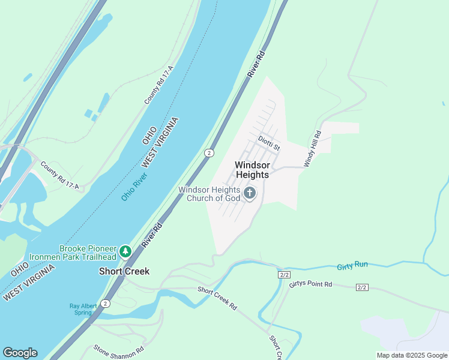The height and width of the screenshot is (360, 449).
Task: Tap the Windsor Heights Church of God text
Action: tap(209, 194)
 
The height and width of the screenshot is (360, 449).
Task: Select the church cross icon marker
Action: tap(250, 193)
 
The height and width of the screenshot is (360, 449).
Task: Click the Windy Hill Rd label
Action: tap(312, 149)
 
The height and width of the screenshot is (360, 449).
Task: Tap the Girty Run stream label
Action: tap(352, 265)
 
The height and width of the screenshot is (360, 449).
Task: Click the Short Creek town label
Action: tap(124, 271)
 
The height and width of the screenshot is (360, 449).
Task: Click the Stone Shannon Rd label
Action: tap(119, 349)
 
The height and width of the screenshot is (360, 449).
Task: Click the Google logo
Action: tap(20, 353)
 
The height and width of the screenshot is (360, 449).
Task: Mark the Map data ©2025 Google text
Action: tap(412, 355)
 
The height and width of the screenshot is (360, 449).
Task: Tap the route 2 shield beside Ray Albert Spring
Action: tap(106, 304)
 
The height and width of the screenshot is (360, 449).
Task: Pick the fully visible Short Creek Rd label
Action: tap(217, 298)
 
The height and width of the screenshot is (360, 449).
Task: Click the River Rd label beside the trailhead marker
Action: tap(152, 236)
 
